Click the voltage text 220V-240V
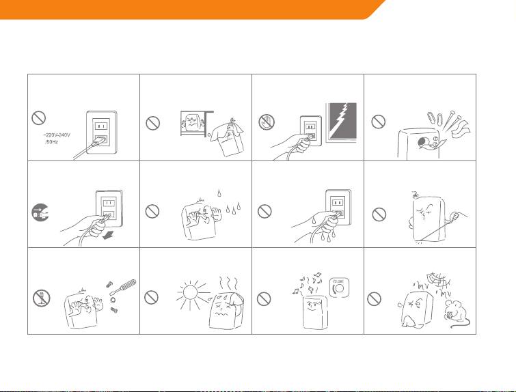coord(57,135)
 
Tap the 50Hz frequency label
coord(52,142)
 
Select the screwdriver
coord(123,287)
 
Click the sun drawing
coord(190,292)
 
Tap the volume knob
coord(339,288)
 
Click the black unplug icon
coord(40,212)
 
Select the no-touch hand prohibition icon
coord(267,122)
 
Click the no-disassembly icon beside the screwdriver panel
coord(41,298)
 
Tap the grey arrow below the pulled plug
coord(109,235)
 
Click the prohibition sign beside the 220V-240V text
coord(38,117)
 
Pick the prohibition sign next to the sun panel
coord(151,297)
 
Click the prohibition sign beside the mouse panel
coord(374,299)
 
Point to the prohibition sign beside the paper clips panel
coord(379,122)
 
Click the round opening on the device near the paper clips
coord(422,143)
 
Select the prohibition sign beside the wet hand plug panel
coord(264,212)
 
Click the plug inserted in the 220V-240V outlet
coord(99,142)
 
